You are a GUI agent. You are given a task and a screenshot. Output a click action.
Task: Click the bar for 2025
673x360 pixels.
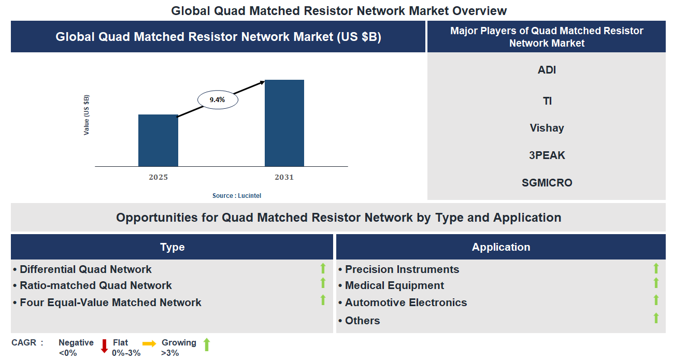pyautogui.click(x=158, y=140)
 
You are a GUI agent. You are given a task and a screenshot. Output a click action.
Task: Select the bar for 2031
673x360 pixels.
pyautogui.click(x=284, y=123)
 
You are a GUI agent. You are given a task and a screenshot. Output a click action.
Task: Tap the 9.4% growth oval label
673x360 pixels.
pyautogui.click(x=217, y=100)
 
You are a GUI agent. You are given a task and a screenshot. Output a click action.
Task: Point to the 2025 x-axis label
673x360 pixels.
pyautogui.click(x=158, y=177)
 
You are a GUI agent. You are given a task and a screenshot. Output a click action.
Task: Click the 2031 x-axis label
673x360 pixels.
pyautogui.click(x=284, y=177)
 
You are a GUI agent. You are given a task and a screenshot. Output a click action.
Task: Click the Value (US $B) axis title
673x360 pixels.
pyautogui.click(x=87, y=115)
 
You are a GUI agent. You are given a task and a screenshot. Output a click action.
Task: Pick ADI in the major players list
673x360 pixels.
pyautogui.click(x=547, y=70)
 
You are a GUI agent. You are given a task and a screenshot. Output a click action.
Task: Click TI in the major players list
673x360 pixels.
pyautogui.click(x=547, y=101)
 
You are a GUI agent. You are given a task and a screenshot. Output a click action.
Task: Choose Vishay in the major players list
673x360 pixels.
pyautogui.click(x=547, y=128)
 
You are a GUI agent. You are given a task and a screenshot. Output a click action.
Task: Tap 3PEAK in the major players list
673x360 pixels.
pyautogui.click(x=547, y=155)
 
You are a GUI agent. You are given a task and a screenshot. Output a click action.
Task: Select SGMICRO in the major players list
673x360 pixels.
pyautogui.click(x=547, y=183)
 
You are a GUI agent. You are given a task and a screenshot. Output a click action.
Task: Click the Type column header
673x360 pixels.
pyautogui.click(x=172, y=247)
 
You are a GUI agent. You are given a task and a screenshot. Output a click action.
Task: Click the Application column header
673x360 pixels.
pyautogui.click(x=500, y=247)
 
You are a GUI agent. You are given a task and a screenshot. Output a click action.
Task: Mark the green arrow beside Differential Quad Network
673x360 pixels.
pyautogui.click(x=323, y=268)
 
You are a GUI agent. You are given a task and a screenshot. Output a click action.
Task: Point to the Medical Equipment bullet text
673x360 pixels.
pyautogui.click(x=394, y=285)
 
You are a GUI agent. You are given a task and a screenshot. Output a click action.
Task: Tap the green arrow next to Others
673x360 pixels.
pyautogui.click(x=656, y=318)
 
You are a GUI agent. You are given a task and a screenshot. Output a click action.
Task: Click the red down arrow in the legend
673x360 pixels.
pyautogui.click(x=104, y=345)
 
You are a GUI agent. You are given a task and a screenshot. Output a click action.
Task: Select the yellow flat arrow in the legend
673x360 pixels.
pyautogui.click(x=149, y=343)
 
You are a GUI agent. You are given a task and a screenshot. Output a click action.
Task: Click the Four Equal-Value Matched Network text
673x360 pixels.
pyautogui.click(x=110, y=303)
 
